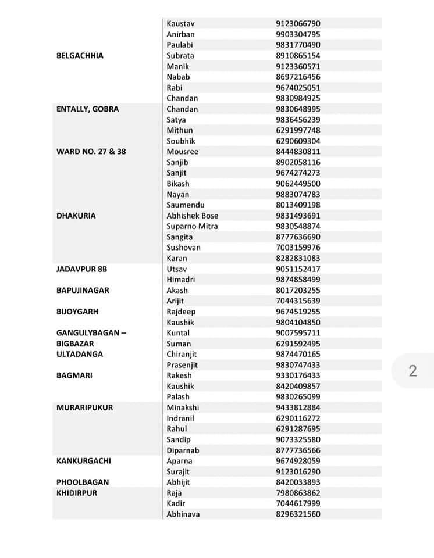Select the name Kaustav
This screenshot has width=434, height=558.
coord(180,24)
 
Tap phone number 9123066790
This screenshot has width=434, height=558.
coord(298,24)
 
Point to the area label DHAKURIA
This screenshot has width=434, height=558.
coord(76,216)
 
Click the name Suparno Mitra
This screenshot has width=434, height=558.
coord(192,226)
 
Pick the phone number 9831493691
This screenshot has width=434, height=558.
coord(298,216)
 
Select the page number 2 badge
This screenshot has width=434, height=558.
coord(412,371)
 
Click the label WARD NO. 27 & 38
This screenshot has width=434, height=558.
coord(91,152)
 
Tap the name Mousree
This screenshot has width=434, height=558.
coord(182,152)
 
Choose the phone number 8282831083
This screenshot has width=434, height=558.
coord(298,258)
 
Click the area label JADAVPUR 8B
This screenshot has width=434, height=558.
coord(81,269)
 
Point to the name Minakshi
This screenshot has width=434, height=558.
coord(183,407)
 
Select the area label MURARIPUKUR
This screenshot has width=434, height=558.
coord(84,407)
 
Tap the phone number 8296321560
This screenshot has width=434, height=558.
coord(298,514)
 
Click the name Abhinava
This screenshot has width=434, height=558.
coord(183,514)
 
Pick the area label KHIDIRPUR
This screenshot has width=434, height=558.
coord(77,493)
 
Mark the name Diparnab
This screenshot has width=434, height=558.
coord(183,450)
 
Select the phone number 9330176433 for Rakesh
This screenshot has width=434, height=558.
coord(298,375)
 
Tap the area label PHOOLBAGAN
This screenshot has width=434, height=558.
coord(83,482)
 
